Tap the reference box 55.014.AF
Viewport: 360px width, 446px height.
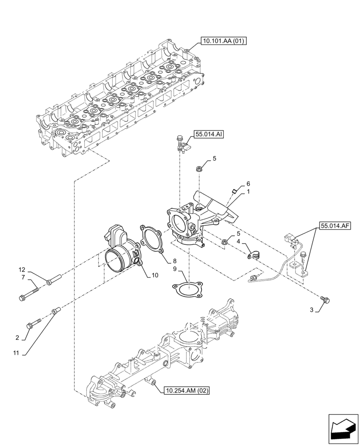point(335,226)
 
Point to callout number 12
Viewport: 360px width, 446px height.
point(22,270)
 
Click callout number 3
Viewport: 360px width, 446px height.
point(312,310)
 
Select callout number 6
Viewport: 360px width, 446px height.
point(248,184)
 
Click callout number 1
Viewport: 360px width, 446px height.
point(248,191)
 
